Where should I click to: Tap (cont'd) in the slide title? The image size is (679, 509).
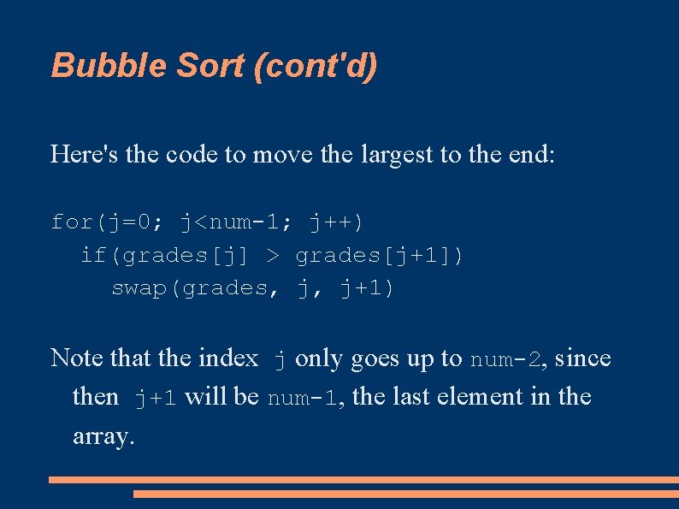pyautogui.click(x=316, y=65)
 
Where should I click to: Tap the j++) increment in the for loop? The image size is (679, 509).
pyautogui.click(x=336, y=222)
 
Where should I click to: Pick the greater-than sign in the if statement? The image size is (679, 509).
pyautogui.click(x=273, y=256)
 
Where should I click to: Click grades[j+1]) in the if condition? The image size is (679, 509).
pyautogui.click(x=380, y=256)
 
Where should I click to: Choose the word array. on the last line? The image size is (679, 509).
pyautogui.click(x=103, y=436)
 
